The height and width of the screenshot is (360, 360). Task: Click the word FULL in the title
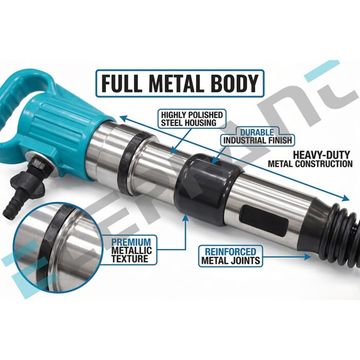[x=121, y=83]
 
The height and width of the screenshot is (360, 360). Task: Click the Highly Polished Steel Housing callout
[x=192, y=119]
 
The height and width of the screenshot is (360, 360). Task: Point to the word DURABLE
[x=257, y=132]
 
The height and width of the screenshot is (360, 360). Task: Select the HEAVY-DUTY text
[x=321, y=155]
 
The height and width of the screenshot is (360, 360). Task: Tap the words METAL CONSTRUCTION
[x=310, y=164]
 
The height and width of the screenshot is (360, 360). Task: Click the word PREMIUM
[x=131, y=242]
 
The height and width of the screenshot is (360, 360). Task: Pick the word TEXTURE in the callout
[x=130, y=259]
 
